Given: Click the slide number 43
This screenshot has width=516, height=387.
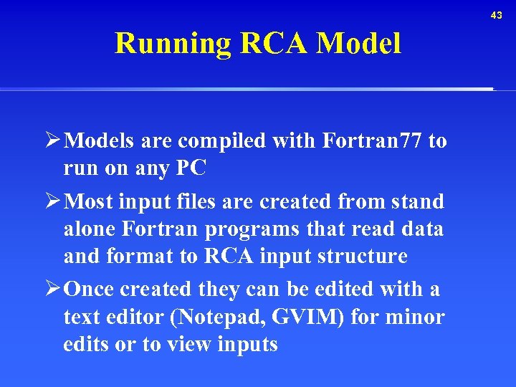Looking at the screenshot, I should [497, 15].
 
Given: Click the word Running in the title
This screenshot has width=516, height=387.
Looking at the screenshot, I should [173, 44].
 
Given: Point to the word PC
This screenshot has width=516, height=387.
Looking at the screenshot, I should [192, 168].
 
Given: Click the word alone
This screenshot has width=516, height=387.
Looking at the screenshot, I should [90, 229].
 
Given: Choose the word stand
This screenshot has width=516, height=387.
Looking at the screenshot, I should [416, 201].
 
